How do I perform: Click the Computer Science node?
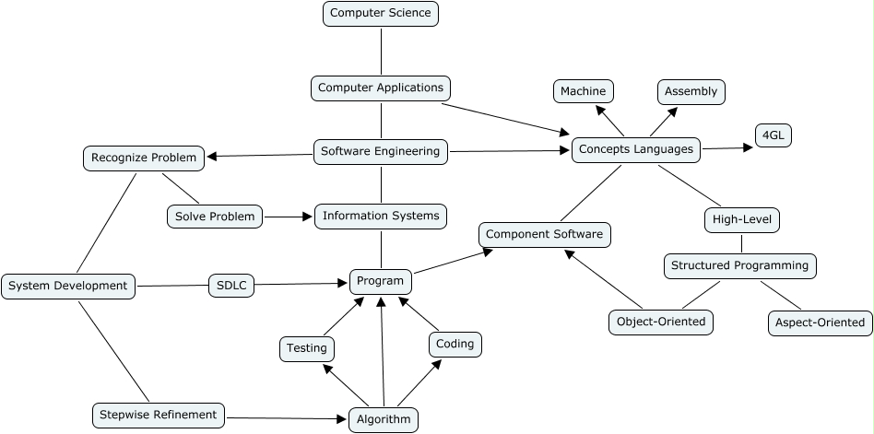pyautogui.click(x=381, y=13)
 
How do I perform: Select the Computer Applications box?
pyautogui.click(x=381, y=88)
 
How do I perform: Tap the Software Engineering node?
pyautogui.click(x=381, y=151)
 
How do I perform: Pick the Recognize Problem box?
pyautogui.click(x=144, y=158)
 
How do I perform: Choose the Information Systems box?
pyautogui.click(x=381, y=217)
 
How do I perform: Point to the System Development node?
pyautogui.click(x=68, y=287)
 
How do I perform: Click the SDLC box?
pyautogui.click(x=231, y=286)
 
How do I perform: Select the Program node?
pyautogui.click(x=381, y=281)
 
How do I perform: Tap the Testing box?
pyautogui.click(x=307, y=348)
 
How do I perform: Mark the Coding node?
pyautogui.click(x=455, y=345)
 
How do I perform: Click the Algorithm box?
pyautogui.click(x=383, y=419)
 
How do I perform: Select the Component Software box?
pyautogui.click(x=544, y=235)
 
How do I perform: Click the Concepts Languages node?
pyautogui.click(x=636, y=149)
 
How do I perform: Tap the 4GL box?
pyautogui.click(x=773, y=135)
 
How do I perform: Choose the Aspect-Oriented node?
pyautogui.click(x=820, y=323)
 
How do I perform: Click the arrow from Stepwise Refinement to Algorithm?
pyautogui.click(x=286, y=418)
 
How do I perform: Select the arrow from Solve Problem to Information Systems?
pyautogui.click(x=289, y=217)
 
